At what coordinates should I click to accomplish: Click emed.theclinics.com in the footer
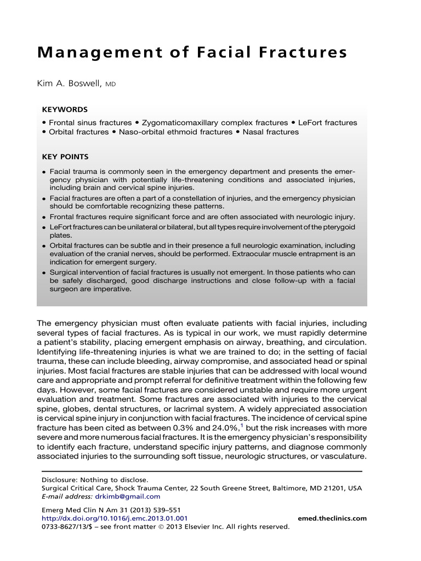(332, 518)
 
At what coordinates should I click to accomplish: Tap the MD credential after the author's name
(111, 85)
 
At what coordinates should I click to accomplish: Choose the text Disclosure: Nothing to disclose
(95, 479)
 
